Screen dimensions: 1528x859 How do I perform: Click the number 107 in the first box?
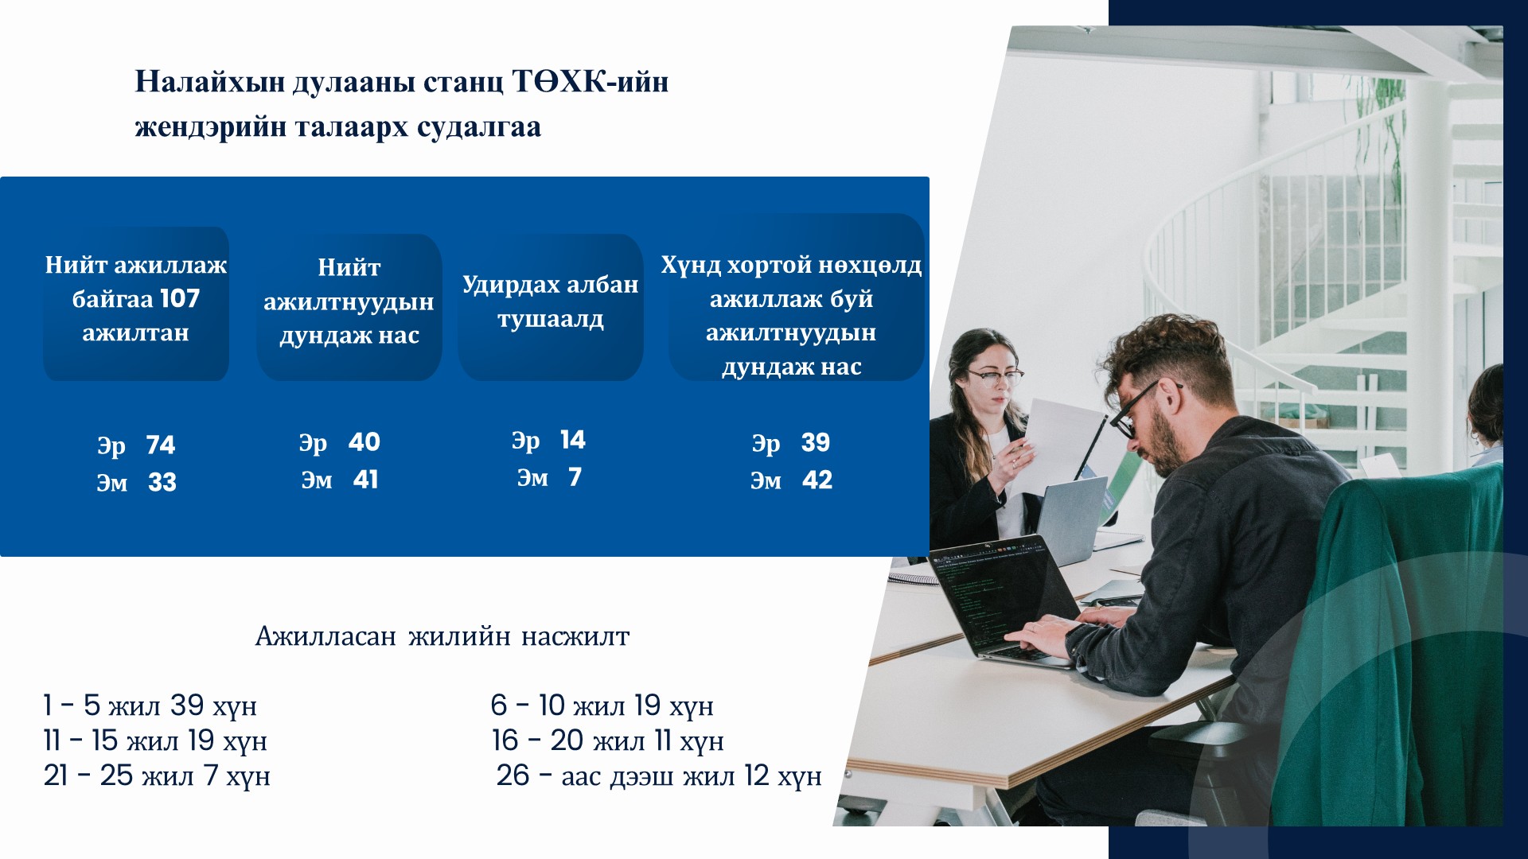180,298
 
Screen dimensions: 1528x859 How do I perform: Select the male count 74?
161,445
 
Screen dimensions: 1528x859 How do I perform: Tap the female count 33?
162,482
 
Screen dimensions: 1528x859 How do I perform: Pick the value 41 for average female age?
366,479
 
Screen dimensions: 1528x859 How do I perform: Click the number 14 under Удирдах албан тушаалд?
572,439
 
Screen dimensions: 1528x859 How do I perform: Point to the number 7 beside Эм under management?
575,476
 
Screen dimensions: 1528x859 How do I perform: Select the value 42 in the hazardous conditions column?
817,480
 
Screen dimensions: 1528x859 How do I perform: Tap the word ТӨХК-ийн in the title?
590,81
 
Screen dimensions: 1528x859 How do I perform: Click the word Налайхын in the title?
209,81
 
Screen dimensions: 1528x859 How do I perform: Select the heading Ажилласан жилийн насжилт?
442,636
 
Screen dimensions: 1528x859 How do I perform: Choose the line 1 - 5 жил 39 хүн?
150,705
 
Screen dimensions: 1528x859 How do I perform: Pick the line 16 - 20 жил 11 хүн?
608,740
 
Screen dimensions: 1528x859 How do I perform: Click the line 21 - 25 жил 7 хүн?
157,775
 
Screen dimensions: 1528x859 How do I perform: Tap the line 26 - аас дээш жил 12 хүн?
659,775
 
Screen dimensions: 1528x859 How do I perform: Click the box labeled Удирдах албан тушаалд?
551,307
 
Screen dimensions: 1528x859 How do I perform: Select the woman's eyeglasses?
994,377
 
